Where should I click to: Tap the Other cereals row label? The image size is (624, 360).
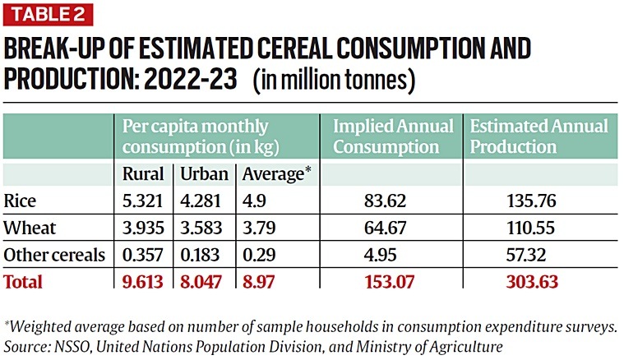tap(54, 255)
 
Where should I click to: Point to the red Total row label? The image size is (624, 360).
tap(23, 282)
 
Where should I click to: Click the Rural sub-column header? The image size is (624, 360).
tap(143, 174)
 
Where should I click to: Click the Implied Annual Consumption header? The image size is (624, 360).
tap(392, 136)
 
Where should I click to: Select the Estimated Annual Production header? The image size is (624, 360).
tap(538, 136)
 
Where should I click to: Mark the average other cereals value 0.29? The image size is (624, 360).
tap(254, 255)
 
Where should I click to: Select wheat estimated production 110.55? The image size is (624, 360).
tap(530, 228)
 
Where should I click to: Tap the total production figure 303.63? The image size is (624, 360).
tap(530, 282)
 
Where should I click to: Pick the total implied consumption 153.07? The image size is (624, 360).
tap(386, 282)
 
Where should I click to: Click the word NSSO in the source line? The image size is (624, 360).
tap(64, 342)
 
